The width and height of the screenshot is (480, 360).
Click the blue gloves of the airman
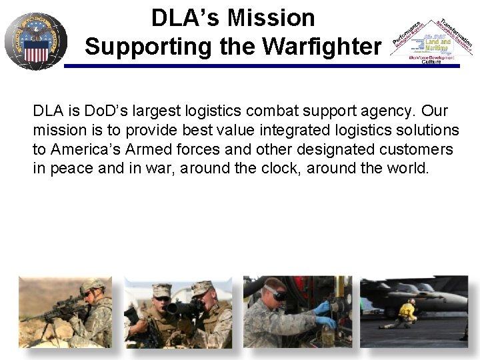click(325, 314)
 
